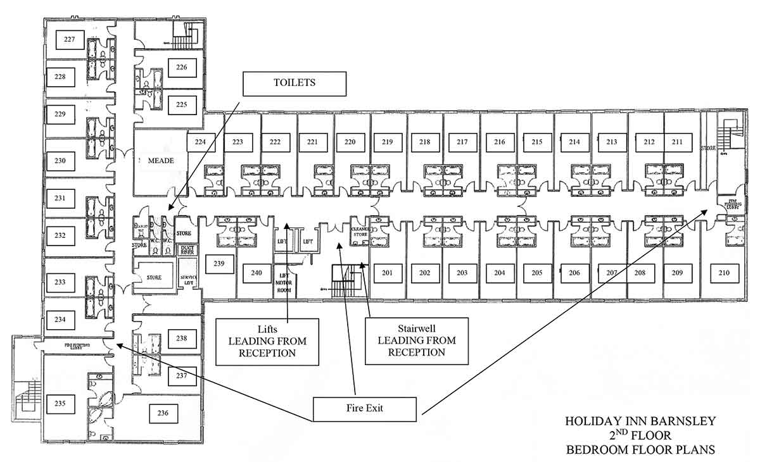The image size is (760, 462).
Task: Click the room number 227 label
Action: click(x=70, y=39)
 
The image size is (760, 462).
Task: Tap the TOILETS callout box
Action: click(x=294, y=83)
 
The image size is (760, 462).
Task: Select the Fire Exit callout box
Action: click(x=364, y=409)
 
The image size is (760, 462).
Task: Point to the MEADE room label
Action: click(x=161, y=161)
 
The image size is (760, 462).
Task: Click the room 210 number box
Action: click(x=724, y=273)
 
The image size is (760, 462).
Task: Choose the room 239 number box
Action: click(x=219, y=263)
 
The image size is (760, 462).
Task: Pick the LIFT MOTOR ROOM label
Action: click(x=284, y=283)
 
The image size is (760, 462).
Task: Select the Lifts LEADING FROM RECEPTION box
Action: click(x=267, y=342)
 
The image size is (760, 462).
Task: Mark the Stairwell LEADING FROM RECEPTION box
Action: click(x=416, y=340)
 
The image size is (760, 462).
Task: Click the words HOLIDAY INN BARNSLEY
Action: click(x=640, y=421)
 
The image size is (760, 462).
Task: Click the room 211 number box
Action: click(x=678, y=142)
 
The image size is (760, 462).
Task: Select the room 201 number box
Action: click(x=388, y=273)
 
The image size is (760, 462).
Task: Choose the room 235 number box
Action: click(x=60, y=402)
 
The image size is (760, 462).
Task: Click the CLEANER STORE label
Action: click(x=360, y=231)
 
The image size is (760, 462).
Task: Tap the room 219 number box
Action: click(x=388, y=142)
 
